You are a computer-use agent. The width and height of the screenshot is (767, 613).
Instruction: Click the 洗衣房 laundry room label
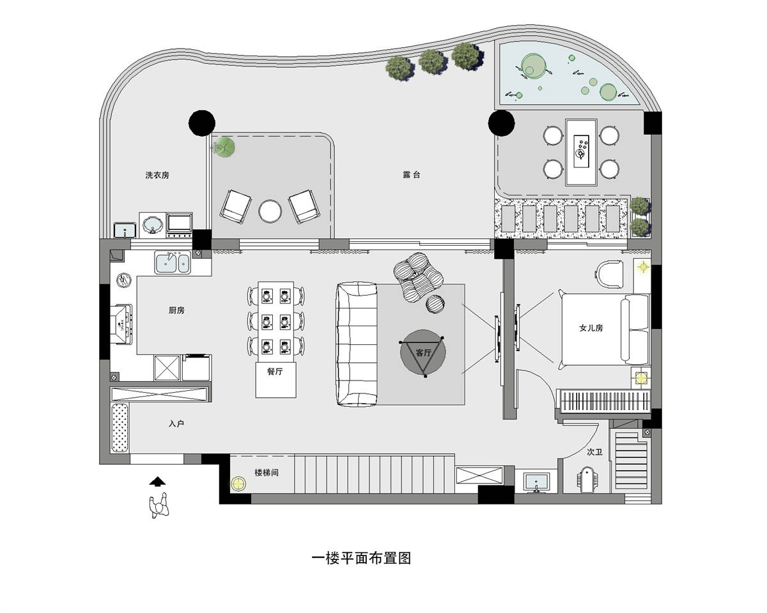157,175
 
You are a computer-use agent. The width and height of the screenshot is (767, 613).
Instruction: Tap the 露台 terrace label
412,174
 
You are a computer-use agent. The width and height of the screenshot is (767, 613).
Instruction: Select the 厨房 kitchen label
176,310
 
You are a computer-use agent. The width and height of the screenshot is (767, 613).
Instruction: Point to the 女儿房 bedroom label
591,328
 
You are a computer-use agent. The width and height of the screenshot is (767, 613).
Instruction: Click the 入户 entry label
176,423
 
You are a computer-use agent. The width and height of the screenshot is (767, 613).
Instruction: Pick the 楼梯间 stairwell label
267,473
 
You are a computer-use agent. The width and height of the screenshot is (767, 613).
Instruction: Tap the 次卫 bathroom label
594,452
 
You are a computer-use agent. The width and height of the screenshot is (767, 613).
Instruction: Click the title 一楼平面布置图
361,558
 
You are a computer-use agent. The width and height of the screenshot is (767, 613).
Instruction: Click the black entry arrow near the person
157,481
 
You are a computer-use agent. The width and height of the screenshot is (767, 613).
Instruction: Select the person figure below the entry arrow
159,505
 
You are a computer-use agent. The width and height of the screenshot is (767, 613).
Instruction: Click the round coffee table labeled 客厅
422,352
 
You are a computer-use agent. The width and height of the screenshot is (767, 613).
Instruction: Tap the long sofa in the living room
357,344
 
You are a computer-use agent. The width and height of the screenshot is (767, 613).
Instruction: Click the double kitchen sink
173,262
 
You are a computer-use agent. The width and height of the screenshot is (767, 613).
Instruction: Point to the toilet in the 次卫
587,480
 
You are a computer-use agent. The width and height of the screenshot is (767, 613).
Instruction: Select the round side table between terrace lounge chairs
270,211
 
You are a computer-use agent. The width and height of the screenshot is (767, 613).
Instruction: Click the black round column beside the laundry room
202,123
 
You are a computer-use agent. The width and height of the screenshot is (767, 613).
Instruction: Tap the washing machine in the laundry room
153,225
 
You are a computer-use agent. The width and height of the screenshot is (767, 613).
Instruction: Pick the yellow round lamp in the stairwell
238,484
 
